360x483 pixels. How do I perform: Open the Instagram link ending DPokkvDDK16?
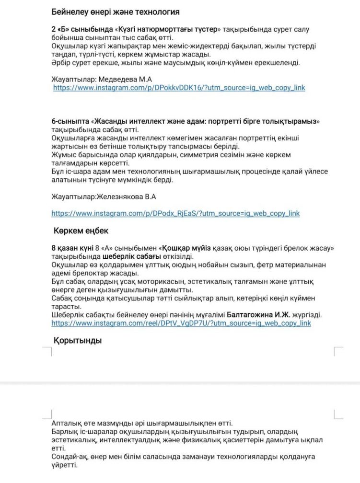click(x=179, y=88)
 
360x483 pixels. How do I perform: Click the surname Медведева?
click(x=113, y=79)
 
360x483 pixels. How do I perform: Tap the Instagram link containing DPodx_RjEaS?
click(x=175, y=213)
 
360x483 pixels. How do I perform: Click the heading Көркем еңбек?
click(x=81, y=230)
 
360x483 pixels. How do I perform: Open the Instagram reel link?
click(x=181, y=323)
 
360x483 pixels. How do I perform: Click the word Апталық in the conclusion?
click(x=67, y=423)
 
